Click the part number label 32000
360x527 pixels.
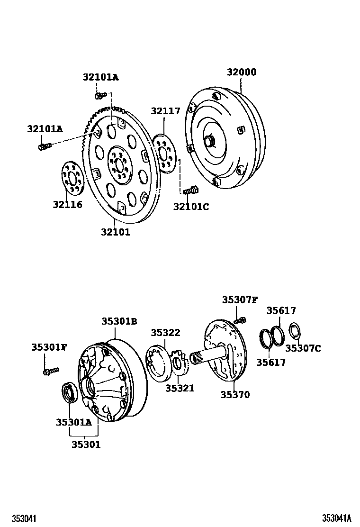click(241, 73)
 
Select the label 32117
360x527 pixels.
click(166, 111)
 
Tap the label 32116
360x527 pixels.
click(67, 205)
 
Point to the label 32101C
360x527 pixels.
click(191, 207)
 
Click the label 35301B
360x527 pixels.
click(119, 321)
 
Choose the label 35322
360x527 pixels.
click(165, 333)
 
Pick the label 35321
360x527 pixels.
click(180, 389)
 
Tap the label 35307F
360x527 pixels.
click(240, 300)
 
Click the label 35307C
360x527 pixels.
click(303, 349)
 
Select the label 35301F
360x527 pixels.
click(49, 347)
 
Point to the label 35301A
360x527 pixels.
click(73, 422)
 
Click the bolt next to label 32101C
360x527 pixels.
click(190, 191)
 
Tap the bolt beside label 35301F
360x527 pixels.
click(51, 371)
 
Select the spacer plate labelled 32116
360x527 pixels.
click(71, 178)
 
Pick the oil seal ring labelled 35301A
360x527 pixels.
click(71, 394)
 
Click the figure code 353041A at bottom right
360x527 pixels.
click(337, 518)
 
